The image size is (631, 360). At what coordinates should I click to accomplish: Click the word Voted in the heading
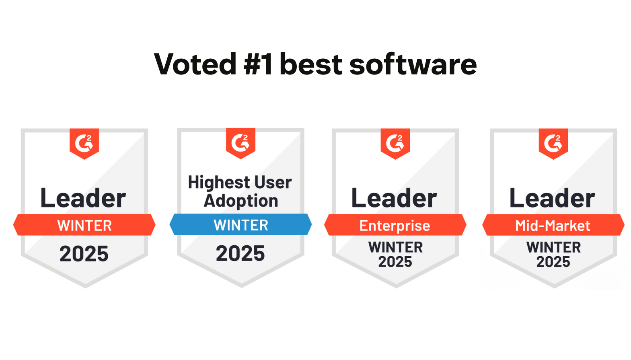[x=195, y=64]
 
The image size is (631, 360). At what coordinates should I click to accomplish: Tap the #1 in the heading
[x=258, y=64]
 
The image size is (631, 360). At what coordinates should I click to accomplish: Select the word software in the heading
[x=413, y=64]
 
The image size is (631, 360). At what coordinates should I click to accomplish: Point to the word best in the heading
[x=311, y=64]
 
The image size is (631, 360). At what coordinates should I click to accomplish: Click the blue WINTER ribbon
[x=240, y=225]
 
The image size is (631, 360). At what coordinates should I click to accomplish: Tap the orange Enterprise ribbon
[x=395, y=225]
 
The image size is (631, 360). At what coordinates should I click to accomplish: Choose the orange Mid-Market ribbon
[x=553, y=225]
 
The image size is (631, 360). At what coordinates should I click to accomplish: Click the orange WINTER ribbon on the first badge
[x=84, y=225]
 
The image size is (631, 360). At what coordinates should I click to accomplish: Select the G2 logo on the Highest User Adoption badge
[x=240, y=142]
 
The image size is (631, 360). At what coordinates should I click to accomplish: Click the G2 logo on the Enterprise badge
[x=395, y=143]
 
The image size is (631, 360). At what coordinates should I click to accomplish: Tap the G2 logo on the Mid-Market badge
[x=553, y=143]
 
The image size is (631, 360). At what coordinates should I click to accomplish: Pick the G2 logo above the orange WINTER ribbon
[x=84, y=143]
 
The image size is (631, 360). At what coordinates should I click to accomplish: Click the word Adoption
[x=241, y=201]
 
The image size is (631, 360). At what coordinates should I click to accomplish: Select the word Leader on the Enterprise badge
[x=394, y=198]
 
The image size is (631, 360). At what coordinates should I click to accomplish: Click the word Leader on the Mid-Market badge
[x=552, y=198]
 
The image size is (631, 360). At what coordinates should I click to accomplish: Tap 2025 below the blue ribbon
[x=240, y=253]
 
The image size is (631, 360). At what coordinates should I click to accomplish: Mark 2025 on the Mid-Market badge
[x=553, y=262]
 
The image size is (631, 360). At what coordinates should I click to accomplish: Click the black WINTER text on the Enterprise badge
[x=396, y=247]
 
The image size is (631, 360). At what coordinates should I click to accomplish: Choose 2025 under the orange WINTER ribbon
[x=84, y=254]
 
